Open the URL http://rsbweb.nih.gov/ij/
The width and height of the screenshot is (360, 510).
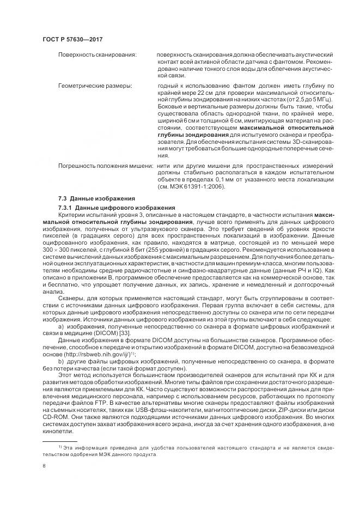(x=106, y=353)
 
